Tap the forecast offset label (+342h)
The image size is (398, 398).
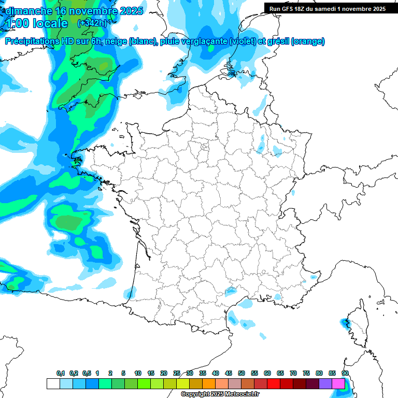(x=92, y=23)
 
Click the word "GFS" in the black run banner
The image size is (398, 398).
(x=288, y=9)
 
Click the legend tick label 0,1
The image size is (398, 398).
(x=60, y=374)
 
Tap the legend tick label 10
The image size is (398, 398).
(x=137, y=374)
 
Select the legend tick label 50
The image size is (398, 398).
(x=241, y=374)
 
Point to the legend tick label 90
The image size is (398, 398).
(x=345, y=374)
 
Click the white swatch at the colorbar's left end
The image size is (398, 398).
(x=53, y=384)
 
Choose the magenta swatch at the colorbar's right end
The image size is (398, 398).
(x=338, y=384)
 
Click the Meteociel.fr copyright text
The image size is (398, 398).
(x=220, y=394)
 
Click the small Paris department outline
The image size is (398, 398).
(x=205, y=147)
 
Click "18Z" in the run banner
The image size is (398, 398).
(x=302, y=9)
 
